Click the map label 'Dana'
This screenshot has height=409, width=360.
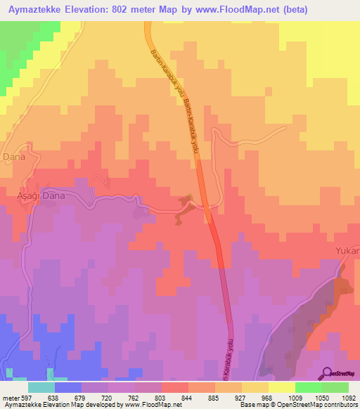pos(14,157)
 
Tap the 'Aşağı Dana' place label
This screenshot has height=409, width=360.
pos(41,196)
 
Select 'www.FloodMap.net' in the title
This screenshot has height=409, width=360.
pos(237,9)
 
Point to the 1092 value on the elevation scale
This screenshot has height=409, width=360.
pos(345,397)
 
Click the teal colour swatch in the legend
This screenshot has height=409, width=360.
pos(41,387)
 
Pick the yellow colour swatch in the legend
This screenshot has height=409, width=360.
pos(281,387)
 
